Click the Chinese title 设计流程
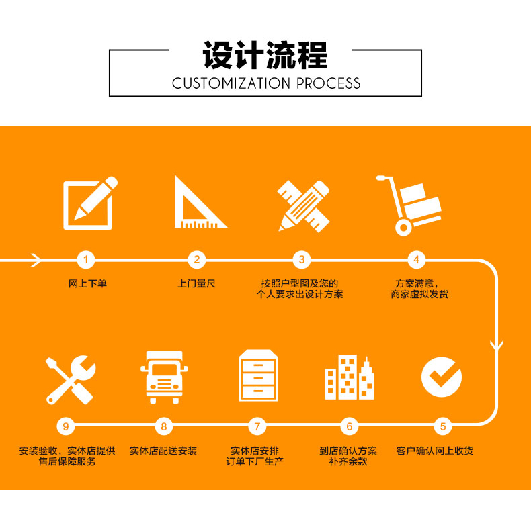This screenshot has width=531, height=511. click(x=265, y=55)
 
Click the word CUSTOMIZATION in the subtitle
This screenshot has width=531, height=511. click(x=231, y=84)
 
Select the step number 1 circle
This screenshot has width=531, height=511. click(x=86, y=259)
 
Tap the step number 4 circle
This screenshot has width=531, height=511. click(x=417, y=259)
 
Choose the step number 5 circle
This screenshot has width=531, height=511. click(x=442, y=426)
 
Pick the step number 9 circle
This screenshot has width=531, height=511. click(x=65, y=426)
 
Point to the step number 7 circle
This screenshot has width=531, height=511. click(x=257, y=426)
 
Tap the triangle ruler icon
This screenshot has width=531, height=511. click(x=198, y=203)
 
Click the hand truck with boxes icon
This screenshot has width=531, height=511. click(x=410, y=205)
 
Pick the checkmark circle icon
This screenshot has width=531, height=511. click(x=442, y=376)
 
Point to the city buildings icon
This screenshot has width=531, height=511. click(x=349, y=378)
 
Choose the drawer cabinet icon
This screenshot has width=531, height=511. click(x=258, y=375)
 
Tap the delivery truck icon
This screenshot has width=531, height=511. click(x=164, y=376)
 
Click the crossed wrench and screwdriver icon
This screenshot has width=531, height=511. click(x=71, y=379)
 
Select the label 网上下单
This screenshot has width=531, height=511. click(x=87, y=284)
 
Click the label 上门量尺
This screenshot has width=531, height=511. click(x=196, y=284)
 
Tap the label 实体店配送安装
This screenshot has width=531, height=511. click(x=163, y=451)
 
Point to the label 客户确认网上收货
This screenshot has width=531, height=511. click(x=435, y=451)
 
